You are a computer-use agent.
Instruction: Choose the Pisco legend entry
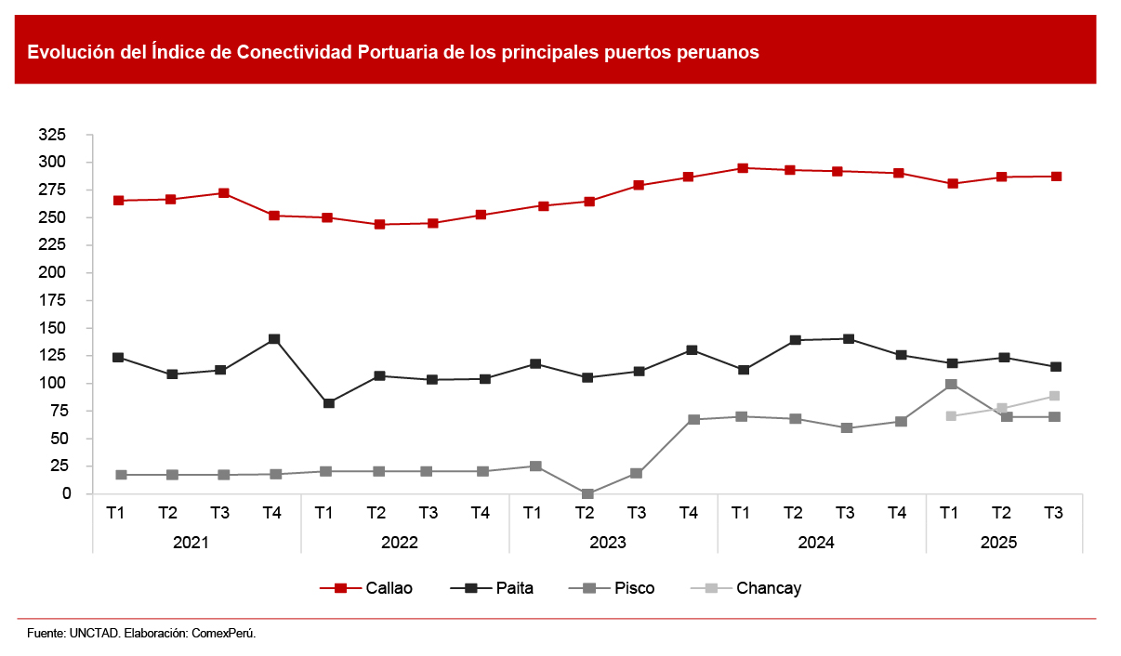coord(634,588)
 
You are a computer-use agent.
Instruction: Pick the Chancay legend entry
coord(768,588)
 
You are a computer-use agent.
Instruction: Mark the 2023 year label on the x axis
coord(608,543)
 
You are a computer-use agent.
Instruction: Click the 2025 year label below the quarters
coord(999,543)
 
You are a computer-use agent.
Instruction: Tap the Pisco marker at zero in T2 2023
coord(587,494)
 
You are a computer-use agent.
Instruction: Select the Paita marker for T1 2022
coord(328,403)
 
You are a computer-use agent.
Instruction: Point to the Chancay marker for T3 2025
coord(1054,396)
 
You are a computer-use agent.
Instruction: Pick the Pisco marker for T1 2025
coord(951,384)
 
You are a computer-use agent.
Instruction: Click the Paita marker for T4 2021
coord(274,339)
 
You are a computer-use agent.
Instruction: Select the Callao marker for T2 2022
coord(379,224)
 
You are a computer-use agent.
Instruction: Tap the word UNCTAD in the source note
coord(93,633)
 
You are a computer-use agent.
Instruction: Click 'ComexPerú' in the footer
coord(223,633)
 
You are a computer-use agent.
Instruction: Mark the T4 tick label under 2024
coord(896,512)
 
